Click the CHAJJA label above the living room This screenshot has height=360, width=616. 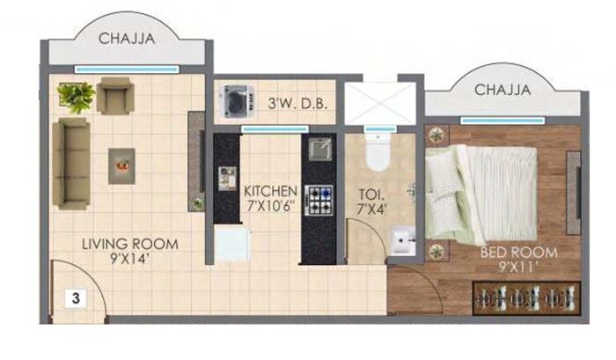128,39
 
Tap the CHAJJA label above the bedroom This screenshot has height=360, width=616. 502,90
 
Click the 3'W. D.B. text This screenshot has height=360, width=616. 297,104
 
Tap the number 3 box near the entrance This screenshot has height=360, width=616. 77,298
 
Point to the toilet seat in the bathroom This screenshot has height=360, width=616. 377,155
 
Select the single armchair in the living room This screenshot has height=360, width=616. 114,95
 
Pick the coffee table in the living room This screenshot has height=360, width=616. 121,165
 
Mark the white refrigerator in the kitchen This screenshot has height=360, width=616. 230,244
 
